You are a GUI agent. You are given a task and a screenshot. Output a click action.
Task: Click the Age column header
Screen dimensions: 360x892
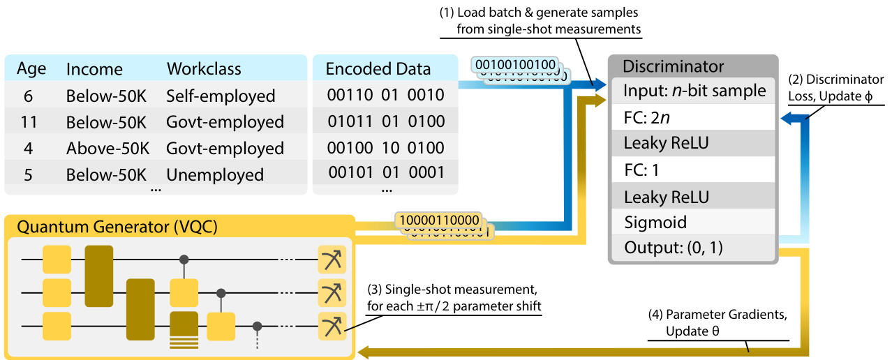pyautogui.click(x=31, y=69)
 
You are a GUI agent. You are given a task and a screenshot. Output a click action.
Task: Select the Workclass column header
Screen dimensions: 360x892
pyautogui.click(x=204, y=69)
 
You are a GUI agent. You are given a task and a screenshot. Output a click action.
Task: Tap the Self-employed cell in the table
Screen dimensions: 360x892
pyautogui.click(x=221, y=96)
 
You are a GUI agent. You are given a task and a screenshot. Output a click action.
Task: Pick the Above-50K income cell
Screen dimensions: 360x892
pyautogui.click(x=106, y=148)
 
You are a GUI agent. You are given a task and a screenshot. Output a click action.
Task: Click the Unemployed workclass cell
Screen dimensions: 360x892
pyautogui.click(x=215, y=174)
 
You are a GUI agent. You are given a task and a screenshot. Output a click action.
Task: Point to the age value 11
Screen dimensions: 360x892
pyautogui.click(x=29, y=122)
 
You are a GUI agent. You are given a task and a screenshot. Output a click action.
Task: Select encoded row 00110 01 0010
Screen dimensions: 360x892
pyautogui.click(x=385, y=96)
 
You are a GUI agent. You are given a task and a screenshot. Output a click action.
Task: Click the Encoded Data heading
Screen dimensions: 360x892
pyautogui.click(x=378, y=69)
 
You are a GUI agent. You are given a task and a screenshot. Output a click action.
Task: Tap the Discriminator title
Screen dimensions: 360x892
pyautogui.click(x=673, y=67)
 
